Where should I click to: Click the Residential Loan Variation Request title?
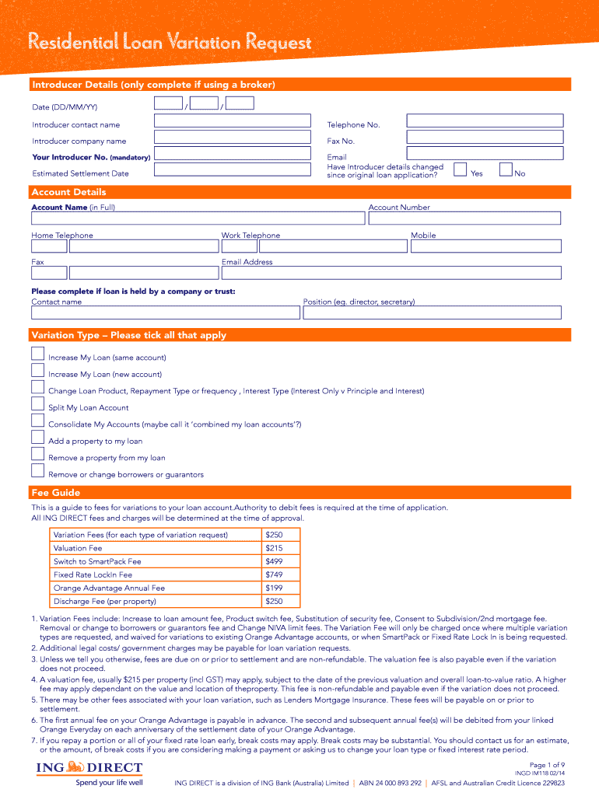[x=170, y=43]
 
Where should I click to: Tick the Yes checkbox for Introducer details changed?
[x=460, y=169]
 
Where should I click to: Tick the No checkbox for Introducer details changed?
[x=506, y=169]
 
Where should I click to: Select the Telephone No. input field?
[x=485, y=120]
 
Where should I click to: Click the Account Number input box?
[x=464, y=218]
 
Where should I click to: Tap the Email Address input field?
[x=391, y=273]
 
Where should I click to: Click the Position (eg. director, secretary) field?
[x=432, y=312]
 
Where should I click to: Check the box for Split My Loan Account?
[x=37, y=403]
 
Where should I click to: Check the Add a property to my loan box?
[x=37, y=437]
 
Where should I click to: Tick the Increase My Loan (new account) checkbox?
[x=37, y=370]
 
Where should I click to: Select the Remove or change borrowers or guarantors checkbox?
[x=37, y=470]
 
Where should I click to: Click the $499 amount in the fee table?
[x=274, y=561]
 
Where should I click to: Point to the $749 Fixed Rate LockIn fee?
[x=274, y=574]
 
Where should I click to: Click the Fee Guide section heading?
[x=55, y=493]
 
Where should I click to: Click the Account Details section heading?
[x=68, y=192]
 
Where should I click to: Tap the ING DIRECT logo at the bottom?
[x=89, y=769]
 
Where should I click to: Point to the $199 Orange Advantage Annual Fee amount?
[x=274, y=588]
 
